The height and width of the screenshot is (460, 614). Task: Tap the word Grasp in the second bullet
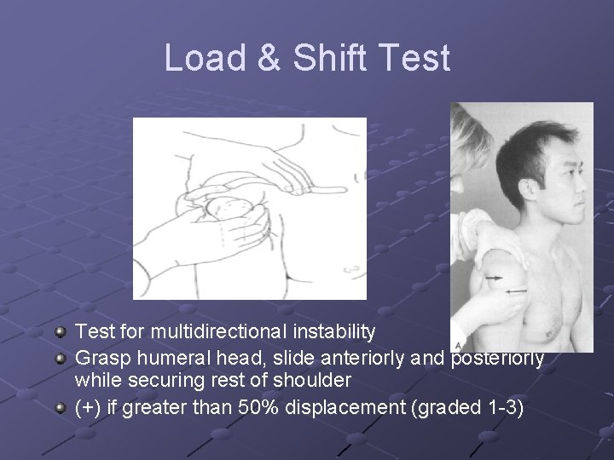click(101, 358)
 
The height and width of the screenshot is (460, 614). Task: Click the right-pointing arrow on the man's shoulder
click(494, 278)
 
